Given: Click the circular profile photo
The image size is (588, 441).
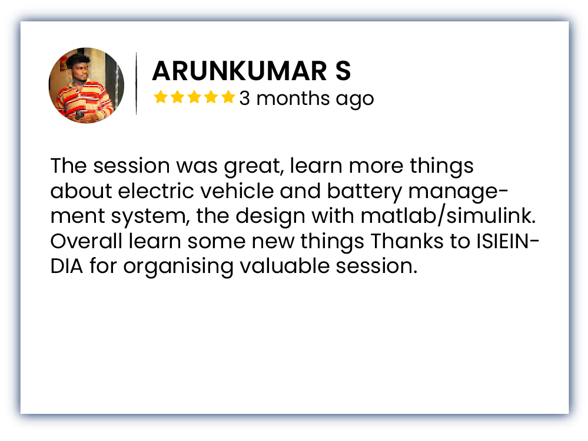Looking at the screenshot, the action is point(87,85).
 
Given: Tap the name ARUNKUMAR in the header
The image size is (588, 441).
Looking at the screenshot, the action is point(240,71).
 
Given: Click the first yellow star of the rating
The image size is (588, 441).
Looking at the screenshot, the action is point(161,97).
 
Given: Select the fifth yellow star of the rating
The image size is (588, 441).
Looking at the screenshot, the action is point(228,97).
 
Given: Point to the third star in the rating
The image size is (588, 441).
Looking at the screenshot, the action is point(194,97).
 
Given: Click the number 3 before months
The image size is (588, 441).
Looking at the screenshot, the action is point(244,98).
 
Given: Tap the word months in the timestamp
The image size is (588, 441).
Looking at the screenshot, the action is point(293,98).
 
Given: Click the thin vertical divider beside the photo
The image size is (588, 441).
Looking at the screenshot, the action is point(136,83).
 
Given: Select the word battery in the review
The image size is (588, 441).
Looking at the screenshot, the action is point(365,192).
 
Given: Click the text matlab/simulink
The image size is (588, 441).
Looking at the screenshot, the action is point(448,216).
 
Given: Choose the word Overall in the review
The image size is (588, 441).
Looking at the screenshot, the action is point(87,241).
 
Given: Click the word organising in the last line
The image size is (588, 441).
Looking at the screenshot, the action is point(178,267).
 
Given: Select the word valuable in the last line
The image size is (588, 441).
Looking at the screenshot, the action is point(284,266).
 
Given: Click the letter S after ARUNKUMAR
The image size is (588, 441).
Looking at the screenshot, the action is point(343,71).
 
